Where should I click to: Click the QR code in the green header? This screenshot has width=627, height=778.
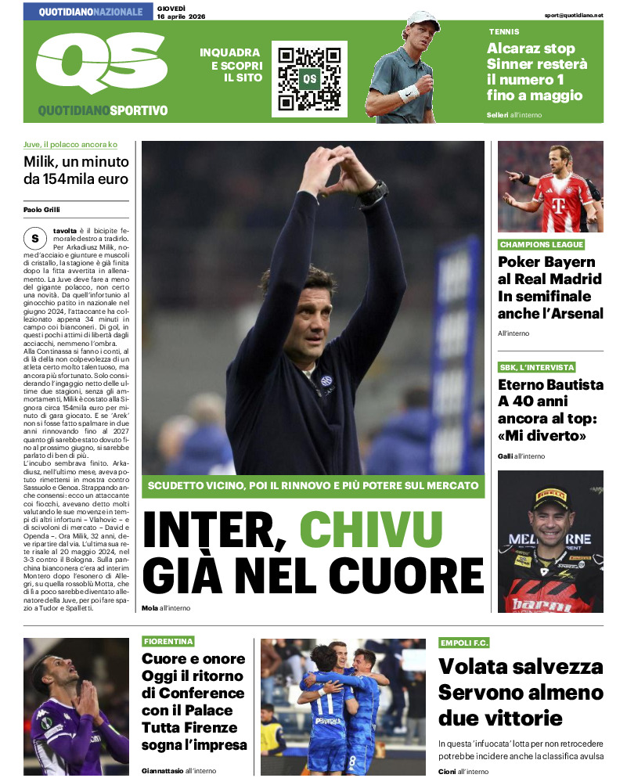click(309, 79)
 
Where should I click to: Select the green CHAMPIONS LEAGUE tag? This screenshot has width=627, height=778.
click(541, 245)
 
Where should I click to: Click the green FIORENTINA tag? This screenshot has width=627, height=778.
click(168, 641)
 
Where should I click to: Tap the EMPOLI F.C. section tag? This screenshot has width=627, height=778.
click(464, 643)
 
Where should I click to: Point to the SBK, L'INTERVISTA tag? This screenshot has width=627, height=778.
click(537, 367)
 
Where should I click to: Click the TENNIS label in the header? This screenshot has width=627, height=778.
click(503, 32)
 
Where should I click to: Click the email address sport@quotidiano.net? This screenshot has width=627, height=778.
click(575, 15)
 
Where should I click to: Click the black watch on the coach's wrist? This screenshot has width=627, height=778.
click(374, 192)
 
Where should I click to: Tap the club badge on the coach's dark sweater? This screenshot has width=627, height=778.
click(326, 380)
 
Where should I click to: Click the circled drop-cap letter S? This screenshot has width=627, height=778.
click(34, 238)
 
